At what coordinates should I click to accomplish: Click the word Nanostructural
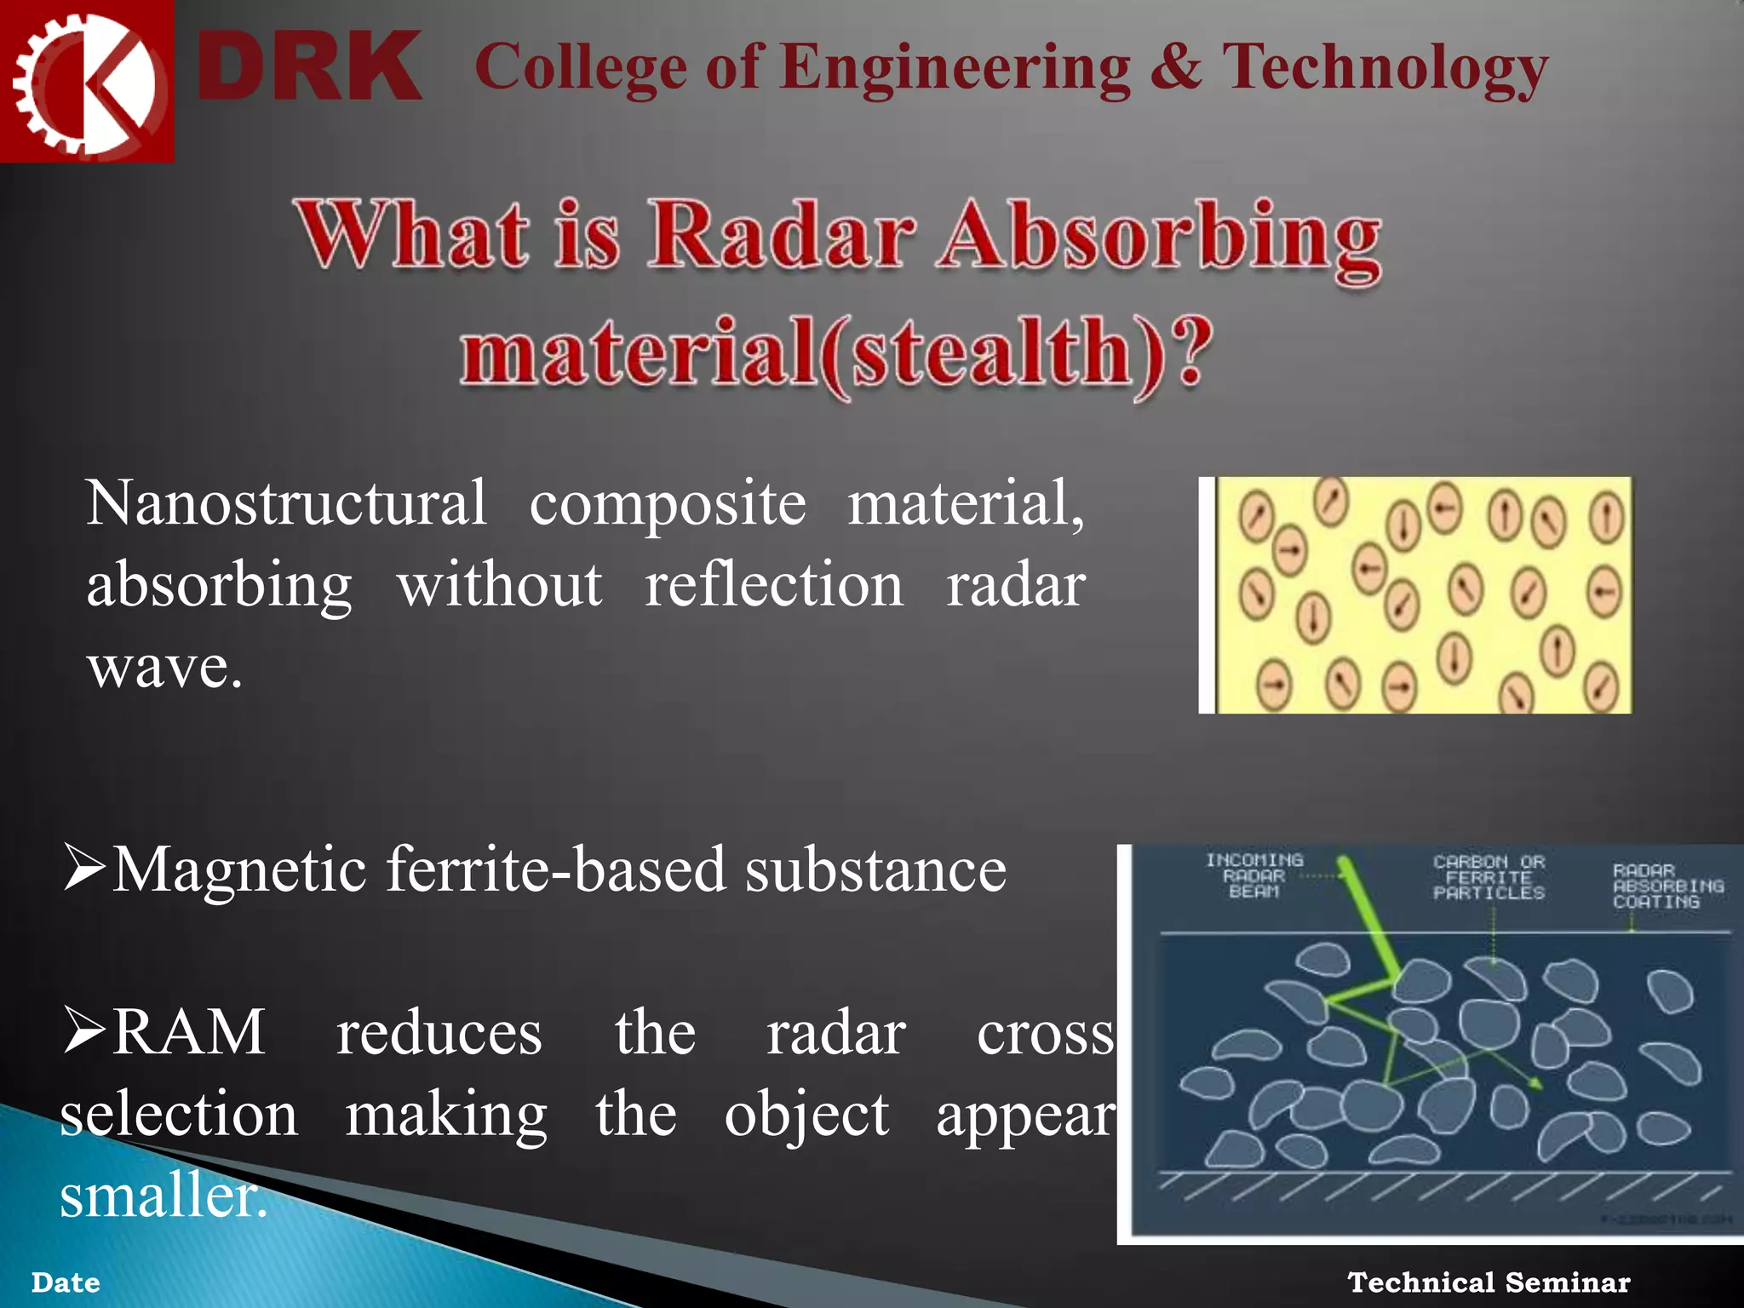286,503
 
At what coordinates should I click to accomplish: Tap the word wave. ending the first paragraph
164,667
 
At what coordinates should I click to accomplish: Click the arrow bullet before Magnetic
83,868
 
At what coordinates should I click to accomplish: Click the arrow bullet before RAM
83,1030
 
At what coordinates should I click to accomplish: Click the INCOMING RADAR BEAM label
1253,875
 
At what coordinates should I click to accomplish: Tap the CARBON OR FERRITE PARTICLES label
1488,877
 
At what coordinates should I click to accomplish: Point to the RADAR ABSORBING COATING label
1667,886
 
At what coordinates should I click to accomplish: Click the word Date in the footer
66,1282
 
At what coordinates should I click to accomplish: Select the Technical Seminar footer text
1489,1282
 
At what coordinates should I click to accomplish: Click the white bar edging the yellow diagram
1206,594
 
